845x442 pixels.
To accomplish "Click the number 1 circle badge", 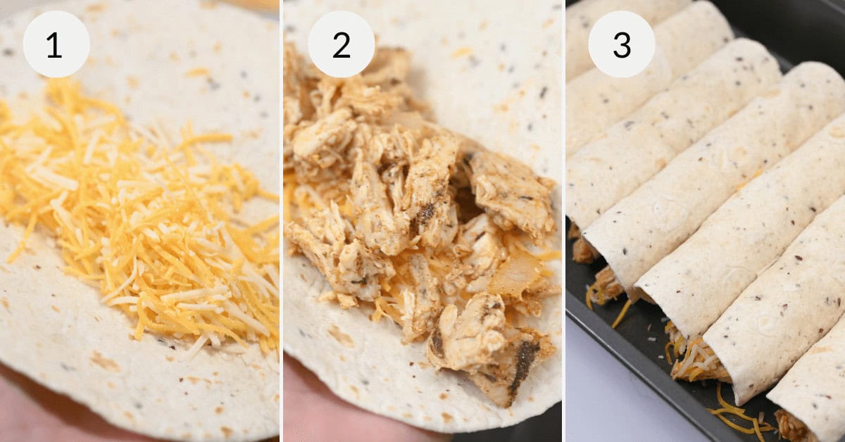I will [x=56, y=44].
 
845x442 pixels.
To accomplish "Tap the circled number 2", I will [x=341, y=44].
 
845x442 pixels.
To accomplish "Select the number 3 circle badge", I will [x=621, y=44].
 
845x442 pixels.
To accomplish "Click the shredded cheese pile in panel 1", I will [x=155, y=225].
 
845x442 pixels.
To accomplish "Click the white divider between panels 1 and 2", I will [x=281, y=221].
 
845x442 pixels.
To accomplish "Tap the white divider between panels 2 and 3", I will [x=564, y=221].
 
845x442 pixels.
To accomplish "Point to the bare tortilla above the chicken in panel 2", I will [x=479, y=63].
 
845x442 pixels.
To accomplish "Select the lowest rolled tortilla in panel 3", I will [x=810, y=394].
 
